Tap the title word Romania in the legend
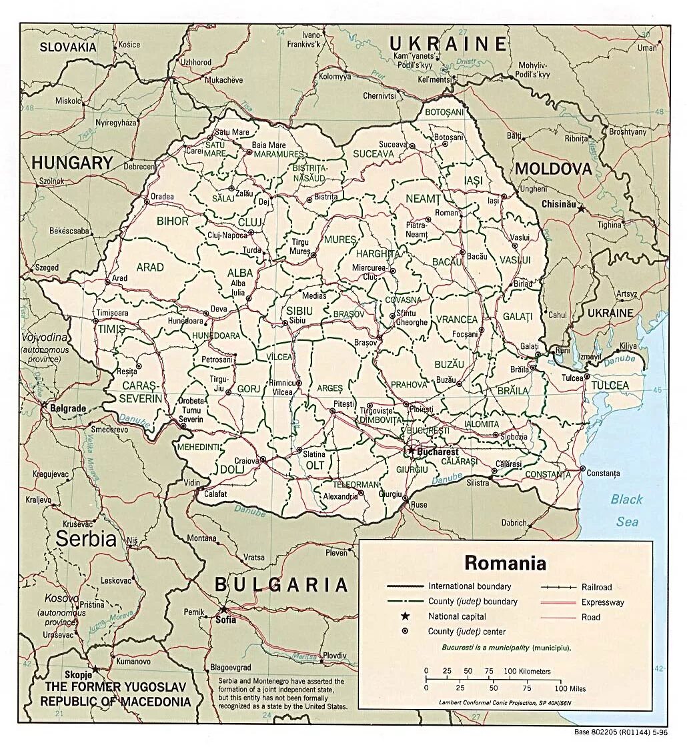click(505, 563)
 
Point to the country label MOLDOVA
click(553, 169)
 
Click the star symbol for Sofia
click(223, 609)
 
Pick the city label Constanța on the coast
click(604, 473)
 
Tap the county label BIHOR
click(173, 221)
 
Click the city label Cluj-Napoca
click(227, 235)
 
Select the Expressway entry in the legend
click(602, 602)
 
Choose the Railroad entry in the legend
click(596, 588)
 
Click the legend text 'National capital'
click(457, 616)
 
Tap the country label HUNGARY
click(72, 163)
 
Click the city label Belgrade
click(68, 408)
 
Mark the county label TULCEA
click(610, 386)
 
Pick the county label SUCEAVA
click(373, 153)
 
